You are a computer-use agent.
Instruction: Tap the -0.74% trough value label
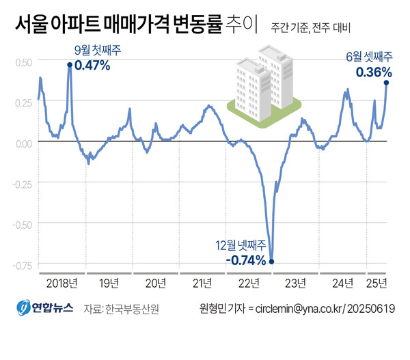click(x=245, y=260)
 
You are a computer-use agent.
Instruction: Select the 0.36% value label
click(x=373, y=71)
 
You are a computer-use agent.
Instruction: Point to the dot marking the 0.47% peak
click(x=70, y=66)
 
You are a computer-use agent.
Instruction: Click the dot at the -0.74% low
click(x=272, y=260)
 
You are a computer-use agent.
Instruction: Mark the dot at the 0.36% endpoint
click(x=387, y=83)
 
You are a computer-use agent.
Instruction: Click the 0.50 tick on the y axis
click(x=22, y=62)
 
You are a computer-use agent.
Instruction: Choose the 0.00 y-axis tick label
click(x=22, y=142)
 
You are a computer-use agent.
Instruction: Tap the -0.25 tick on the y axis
click(x=20, y=183)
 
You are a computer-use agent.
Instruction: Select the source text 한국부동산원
click(x=132, y=309)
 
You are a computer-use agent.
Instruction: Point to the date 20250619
click(x=373, y=309)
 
